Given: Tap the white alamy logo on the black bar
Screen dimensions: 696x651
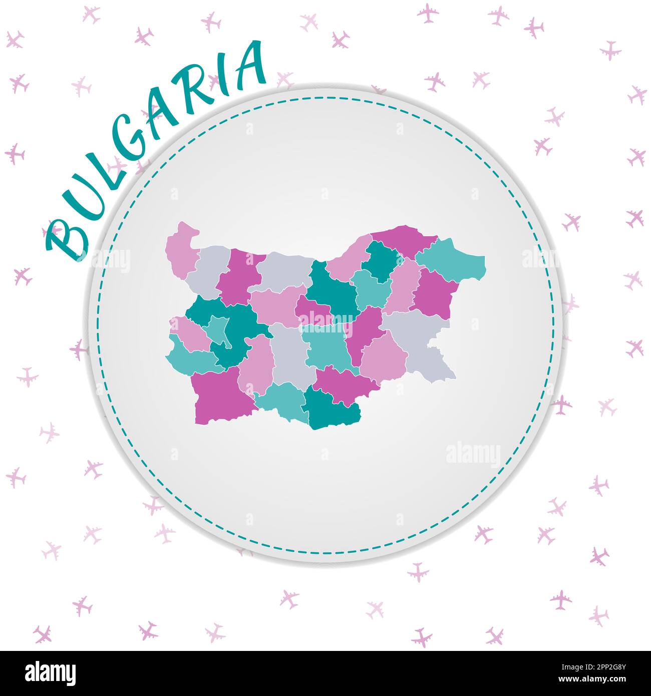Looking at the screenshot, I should click(x=50, y=672).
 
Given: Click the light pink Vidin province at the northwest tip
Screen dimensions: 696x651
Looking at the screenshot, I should click(x=180, y=248).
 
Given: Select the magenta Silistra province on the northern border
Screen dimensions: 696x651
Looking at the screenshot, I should click(x=403, y=238).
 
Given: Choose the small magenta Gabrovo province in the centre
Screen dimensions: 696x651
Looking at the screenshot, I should click(x=313, y=310).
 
